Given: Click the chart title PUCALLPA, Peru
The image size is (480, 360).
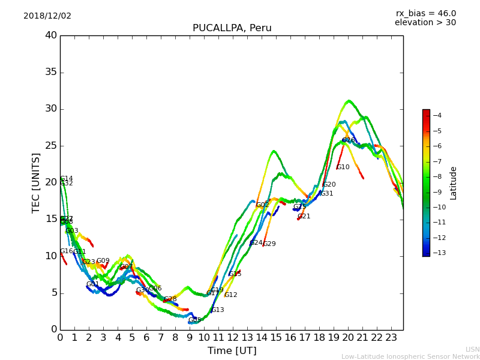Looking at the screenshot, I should click(232, 28).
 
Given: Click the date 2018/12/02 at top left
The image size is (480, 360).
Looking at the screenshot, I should click(47, 16).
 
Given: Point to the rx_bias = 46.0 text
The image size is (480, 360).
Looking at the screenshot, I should click(425, 14).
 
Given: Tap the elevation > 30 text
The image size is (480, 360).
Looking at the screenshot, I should click(425, 23).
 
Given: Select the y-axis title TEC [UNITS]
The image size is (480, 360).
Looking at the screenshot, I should click(36, 182).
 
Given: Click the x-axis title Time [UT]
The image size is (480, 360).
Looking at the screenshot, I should click(232, 351).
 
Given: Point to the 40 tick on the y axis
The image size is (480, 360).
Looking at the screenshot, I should click(51, 35).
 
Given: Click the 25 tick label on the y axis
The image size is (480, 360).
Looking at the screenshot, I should click(51, 146).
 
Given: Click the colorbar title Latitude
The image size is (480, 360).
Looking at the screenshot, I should click(454, 183).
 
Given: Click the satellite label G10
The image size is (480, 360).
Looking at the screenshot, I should click(343, 167).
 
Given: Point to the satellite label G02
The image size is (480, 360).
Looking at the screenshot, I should click(262, 205).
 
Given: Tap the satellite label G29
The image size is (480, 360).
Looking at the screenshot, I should click(269, 244).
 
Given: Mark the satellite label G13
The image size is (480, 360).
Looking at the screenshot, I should click(218, 310).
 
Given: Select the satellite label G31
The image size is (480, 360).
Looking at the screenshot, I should click(326, 194).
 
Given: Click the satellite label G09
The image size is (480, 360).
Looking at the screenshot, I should click(103, 261).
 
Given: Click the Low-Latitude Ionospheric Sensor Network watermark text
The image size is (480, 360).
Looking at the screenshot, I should click(410, 357).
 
